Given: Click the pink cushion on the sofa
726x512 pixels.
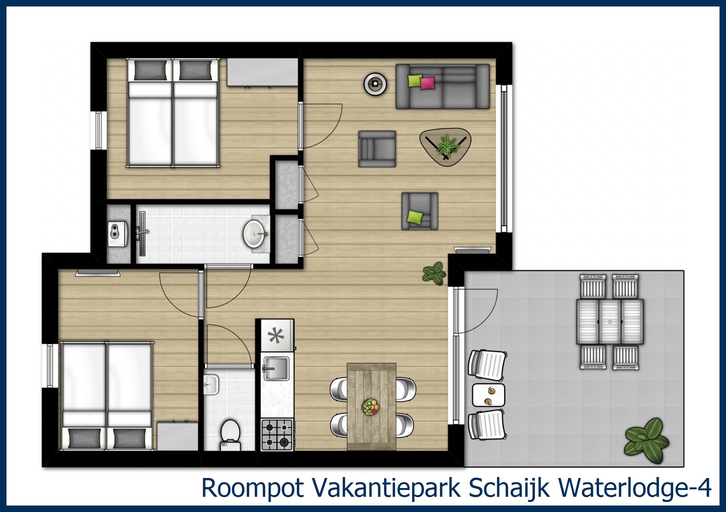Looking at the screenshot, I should click(427, 83).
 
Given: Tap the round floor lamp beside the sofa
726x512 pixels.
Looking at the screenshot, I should click(375, 84).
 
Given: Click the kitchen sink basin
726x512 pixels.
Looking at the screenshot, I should click(276, 369).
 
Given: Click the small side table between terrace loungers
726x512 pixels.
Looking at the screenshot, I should click(488, 395).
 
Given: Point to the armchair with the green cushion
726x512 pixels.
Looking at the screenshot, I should click(420, 211).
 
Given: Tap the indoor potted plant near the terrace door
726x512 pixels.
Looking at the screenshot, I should click(434, 273).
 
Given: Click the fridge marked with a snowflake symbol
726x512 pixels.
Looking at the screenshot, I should click(277, 335).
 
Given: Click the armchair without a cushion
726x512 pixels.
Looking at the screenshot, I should click(377, 149).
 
